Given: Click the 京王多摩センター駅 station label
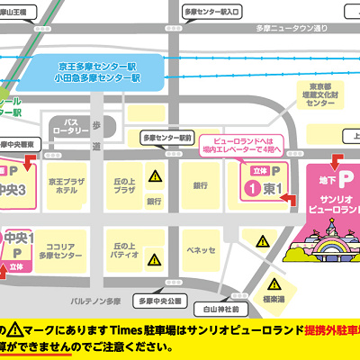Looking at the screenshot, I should (x=98, y=67).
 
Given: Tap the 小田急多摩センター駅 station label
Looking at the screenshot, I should (x=98, y=78).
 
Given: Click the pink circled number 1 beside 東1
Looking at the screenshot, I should (x=255, y=188).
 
